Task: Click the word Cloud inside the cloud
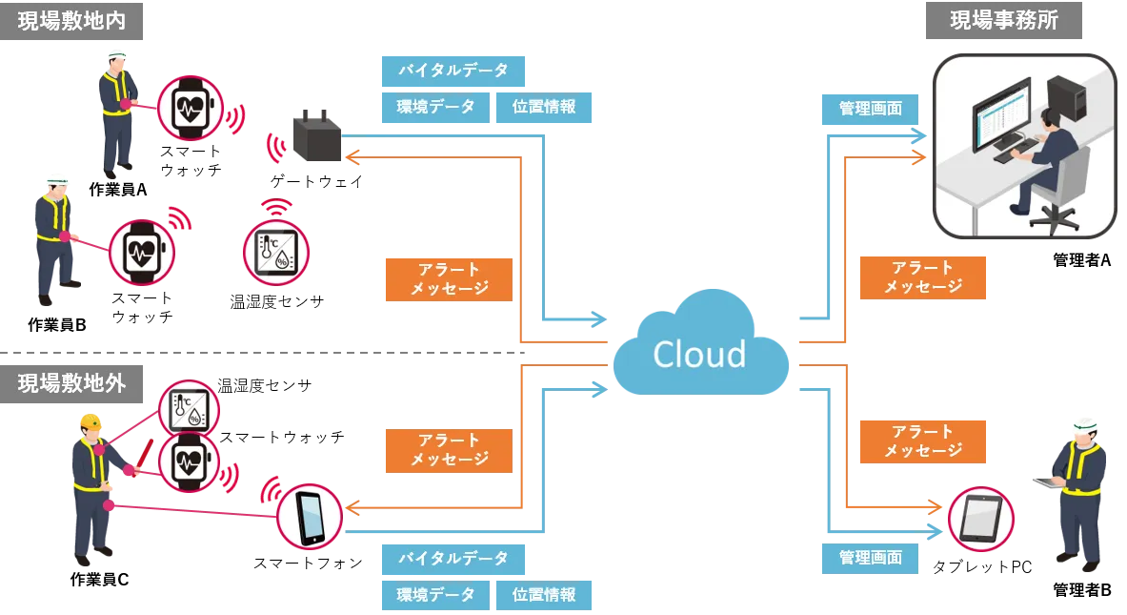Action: pos(699,354)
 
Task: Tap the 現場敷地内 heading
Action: pos(71,20)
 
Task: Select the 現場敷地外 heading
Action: pos(71,382)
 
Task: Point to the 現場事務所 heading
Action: pos(1002,20)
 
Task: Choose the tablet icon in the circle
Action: pos(980,517)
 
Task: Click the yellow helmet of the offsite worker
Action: pos(91,420)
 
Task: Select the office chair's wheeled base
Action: pos(1060,218)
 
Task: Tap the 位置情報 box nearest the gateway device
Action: pos(544,108)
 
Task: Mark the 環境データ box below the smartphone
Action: pos(435,595)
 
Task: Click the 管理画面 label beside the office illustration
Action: pos(870,109)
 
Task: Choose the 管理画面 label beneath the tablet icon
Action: pos(870,558)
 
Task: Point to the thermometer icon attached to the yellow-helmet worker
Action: pos(188,409)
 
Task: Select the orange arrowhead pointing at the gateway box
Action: pos(351,156)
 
